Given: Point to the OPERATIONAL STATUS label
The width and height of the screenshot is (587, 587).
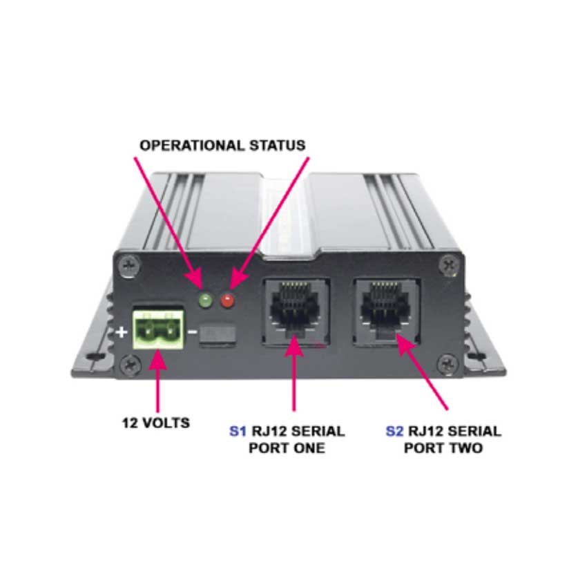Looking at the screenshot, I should pos(222,146).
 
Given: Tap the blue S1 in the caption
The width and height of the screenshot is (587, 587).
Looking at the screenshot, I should pos(237,432).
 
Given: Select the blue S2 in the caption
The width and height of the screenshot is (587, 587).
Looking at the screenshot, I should pos(394,432).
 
